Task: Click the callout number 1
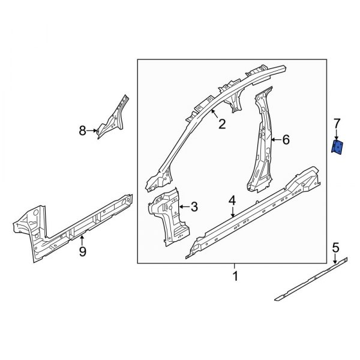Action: click(235, 277)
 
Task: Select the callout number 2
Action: click(221, 124)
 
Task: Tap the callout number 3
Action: click(194, 207)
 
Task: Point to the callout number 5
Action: click(336, 247)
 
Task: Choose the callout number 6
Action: click(286, 140)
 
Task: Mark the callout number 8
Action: click(83, 130)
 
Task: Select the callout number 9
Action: click(83, 252)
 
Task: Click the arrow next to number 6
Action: click(276, 140)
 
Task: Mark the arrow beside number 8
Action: click(93, 130)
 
